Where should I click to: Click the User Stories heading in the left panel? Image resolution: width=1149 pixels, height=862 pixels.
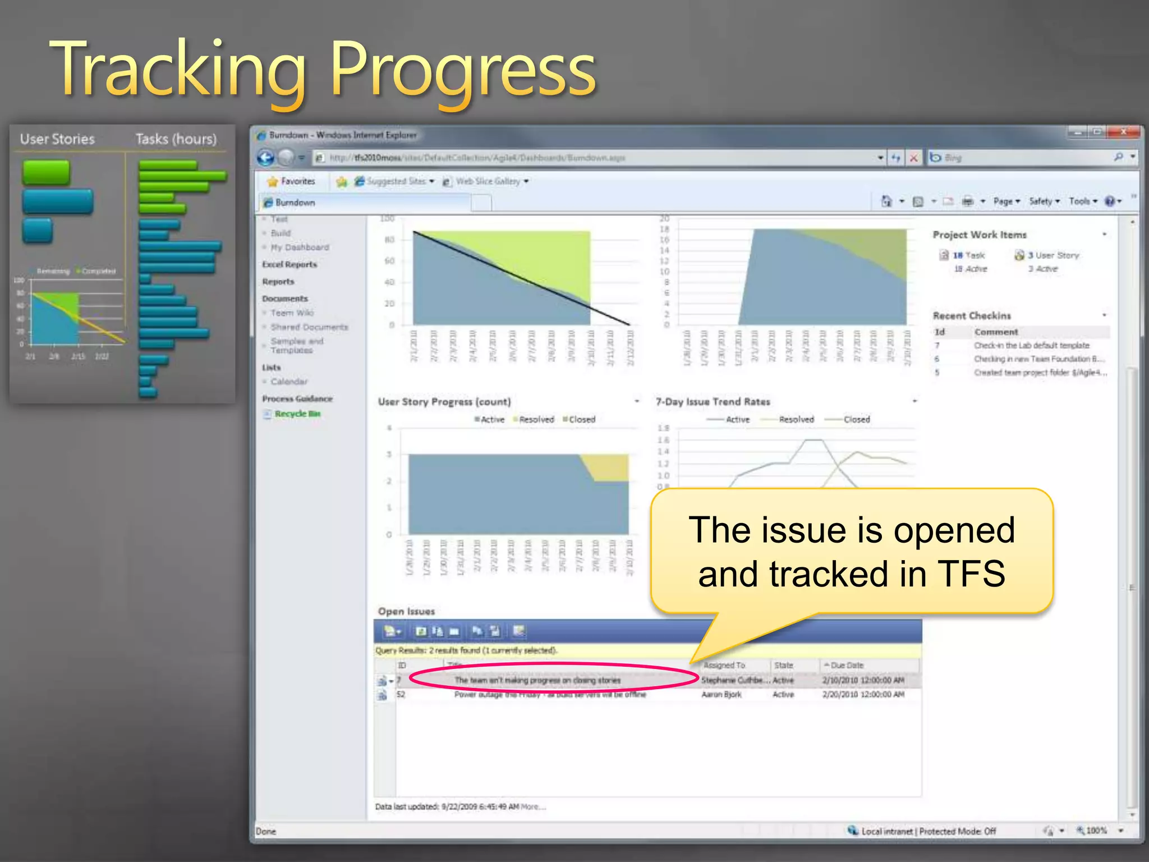[x=57, y=139]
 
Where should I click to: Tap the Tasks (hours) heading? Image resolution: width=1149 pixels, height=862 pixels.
[x=176, y=139]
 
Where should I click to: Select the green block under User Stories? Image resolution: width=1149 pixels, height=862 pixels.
[x=46, y=172]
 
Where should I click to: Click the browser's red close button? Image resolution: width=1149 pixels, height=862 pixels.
[x=1123, y=132]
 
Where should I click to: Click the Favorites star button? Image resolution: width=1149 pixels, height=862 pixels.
[x=291, y=181]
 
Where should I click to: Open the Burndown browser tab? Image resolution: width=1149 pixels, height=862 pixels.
[x=295, y=203]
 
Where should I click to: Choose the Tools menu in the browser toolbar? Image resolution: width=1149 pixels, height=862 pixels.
[x=1082, y=201]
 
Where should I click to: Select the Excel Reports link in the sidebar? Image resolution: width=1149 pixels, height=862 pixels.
[x=289, y=264]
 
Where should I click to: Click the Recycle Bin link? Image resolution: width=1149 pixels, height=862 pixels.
[x=297, y=414]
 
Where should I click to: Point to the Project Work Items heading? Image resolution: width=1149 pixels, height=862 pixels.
[x=980, y=235]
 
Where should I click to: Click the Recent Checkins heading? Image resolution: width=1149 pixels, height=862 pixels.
[x=972, y=316]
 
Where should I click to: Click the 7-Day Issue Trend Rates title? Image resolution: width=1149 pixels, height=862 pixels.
[x=713, y=402]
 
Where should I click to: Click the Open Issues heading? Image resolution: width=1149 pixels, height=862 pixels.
[x=406, y=611]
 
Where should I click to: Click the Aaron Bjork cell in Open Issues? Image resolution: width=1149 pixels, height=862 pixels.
[x=721, y=695]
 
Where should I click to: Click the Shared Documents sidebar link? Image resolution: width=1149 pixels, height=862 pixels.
[x=309, y=327]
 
